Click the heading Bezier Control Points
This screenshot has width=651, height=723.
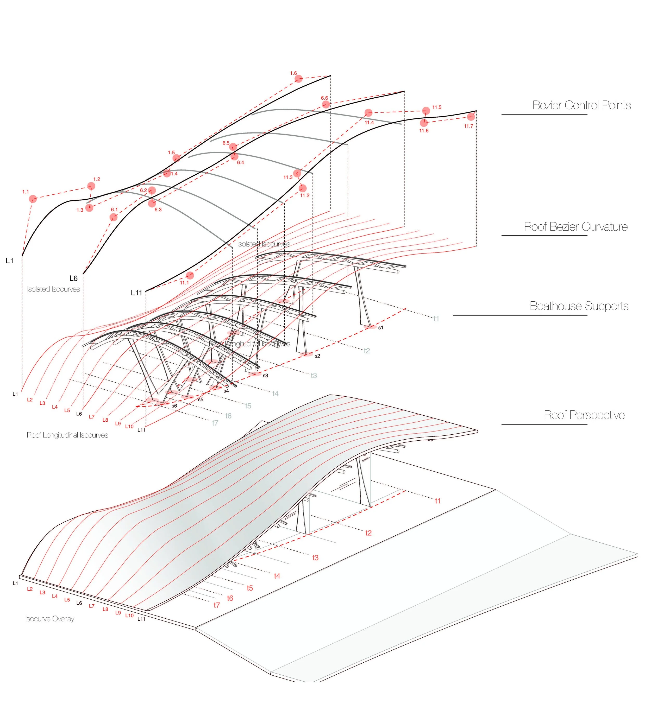pos(581,105)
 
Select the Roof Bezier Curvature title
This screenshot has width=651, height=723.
pos(575,227)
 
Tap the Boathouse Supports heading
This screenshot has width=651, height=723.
pos(579,306)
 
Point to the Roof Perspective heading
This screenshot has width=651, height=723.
pos(584,415)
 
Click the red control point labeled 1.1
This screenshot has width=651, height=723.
pos(33,199)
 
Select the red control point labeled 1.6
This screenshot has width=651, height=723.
pos(298,79)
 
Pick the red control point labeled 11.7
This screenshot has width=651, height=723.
pos(471,117)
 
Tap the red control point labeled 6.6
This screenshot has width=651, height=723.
pos(325,104)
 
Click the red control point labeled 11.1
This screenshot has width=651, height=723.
pos(190,275)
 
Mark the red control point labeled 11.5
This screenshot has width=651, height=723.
pos(426,111)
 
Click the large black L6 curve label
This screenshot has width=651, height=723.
pos(73,278)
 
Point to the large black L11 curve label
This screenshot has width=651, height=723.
pos(136,293)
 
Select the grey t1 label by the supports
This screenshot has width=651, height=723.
pos(436,319)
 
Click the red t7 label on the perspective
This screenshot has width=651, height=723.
pos(216,605)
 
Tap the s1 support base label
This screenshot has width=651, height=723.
pos(381,327)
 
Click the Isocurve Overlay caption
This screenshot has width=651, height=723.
pos(50,619)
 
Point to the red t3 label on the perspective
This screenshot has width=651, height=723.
pos(315,558)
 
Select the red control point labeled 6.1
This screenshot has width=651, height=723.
pos(113,217)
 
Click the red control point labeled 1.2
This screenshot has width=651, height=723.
pos(91,186)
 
